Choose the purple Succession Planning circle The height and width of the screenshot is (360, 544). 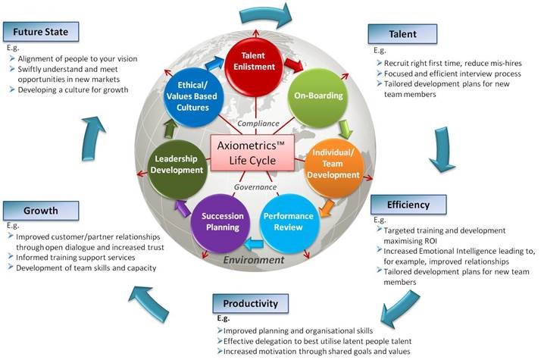(x=221, y=224)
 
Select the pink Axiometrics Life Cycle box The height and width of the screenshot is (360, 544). (x=252, y=153)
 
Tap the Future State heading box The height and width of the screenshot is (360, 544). (x=41, y=32)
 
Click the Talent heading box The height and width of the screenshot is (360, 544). (x=402, y=34)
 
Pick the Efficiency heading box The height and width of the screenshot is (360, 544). (x=408, y=205)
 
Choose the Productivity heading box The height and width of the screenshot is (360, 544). (x=251, y=304)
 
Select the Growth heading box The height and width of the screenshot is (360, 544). (x=41, y=211)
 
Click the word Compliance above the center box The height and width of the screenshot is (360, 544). (x=258, y=124)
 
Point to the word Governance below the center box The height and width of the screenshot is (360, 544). (x=255, y=187)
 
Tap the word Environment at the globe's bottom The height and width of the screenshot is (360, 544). (x=254, y=260)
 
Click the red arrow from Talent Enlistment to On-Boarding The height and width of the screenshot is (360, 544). (x=293, y=65)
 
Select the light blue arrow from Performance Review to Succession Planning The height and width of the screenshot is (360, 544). (x=254, y=245)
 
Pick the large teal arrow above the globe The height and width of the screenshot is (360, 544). (x=266, y=16)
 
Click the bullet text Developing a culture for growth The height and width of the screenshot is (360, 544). (x=73, y=90)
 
